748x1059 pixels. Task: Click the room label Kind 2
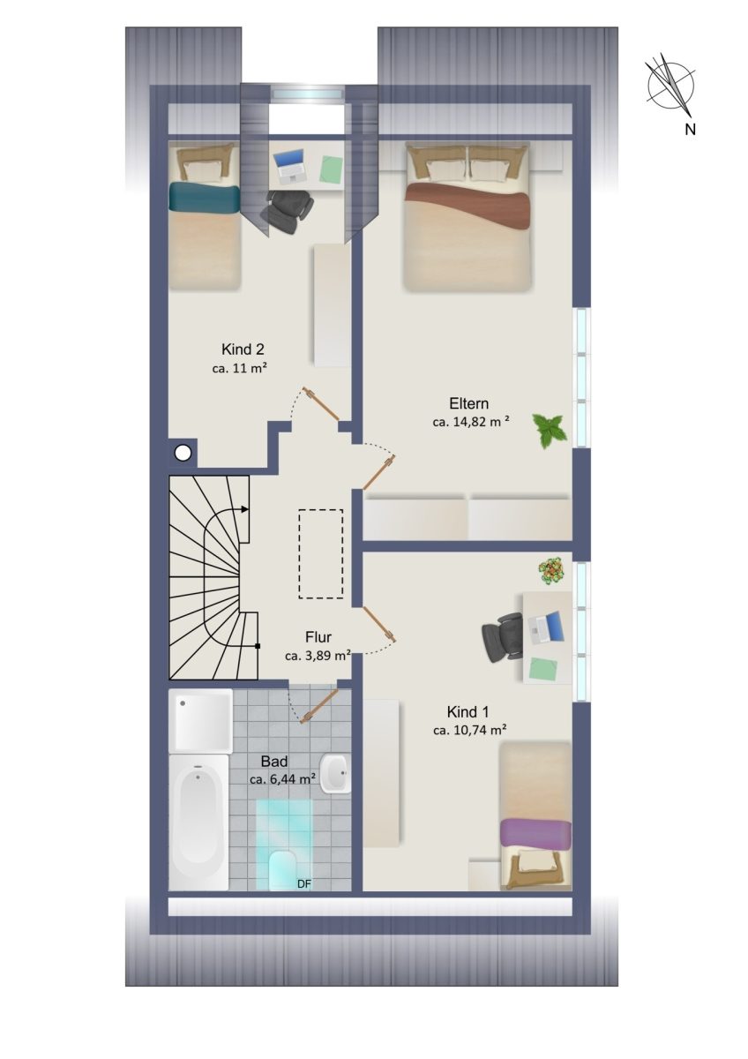point(243,349)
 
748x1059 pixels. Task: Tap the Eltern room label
point(468,404)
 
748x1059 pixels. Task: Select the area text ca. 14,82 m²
point(471,422)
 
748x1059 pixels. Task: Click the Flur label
point(318,637)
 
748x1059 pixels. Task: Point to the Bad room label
point(274,761)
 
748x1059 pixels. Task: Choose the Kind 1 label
point(467,711)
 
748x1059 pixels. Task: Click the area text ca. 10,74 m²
point(469,730)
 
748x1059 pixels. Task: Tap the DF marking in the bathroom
point(304,883)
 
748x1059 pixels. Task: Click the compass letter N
point(690,129)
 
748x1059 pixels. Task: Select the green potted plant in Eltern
point(547,430)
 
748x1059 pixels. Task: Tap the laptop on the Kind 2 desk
point(289,166)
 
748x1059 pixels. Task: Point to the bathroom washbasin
point(334,774)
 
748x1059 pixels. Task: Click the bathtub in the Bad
point(198,823)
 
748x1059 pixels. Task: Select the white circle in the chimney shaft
point(183,454)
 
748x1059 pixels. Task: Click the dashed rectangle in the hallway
point(320,554)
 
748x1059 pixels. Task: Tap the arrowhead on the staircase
point(244,509)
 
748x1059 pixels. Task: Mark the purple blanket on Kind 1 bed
point(535,833)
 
